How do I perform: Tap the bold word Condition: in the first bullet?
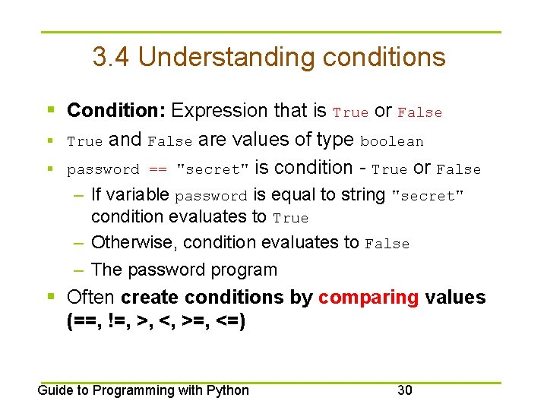(x=116, y=111)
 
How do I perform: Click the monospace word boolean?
(x=391, y=141)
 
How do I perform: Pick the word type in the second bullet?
(x=338, y=140)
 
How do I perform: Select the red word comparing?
(x=368, y=298)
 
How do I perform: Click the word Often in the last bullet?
(x=91, y=298)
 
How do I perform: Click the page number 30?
(x=405, y=390)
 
